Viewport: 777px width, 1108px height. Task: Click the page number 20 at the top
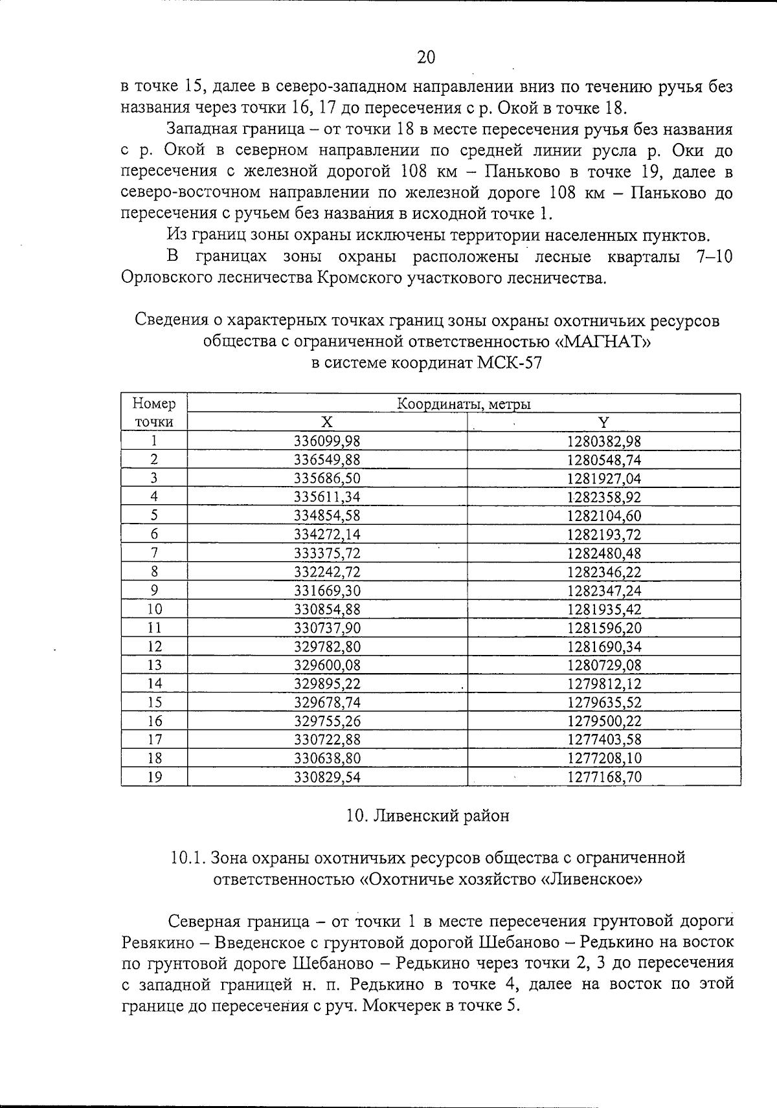click(x=426, y=58)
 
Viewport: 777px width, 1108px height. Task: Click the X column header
click(x=327, y=423)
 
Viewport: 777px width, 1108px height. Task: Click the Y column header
click(x=603, y=423)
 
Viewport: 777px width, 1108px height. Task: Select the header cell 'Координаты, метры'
click(x=464, y=404)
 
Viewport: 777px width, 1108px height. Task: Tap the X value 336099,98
click(x=327, y=441)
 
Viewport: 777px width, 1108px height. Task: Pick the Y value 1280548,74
click(x=603, y=460)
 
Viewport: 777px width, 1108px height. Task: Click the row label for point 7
click(x=154, y=553)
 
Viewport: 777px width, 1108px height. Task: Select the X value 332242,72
click(x=327, y=572)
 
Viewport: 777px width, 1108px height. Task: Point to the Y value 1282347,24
click(x=603, y=591)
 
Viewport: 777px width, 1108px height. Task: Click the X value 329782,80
click(x=327, y=647)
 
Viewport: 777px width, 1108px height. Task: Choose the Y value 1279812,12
click(x=603, y=684)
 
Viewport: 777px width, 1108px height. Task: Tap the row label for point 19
click(x=154, y=777)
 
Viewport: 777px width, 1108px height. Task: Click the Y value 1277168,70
click(x=603, y=777)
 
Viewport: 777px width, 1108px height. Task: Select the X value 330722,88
click(x=327, y=740)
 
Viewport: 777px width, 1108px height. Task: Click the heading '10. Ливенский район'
click(x=427, y=815)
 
